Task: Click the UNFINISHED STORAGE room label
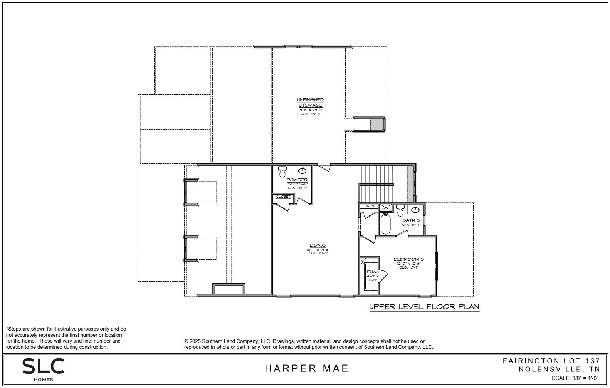310,102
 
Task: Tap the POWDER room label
297,180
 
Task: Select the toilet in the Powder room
282,173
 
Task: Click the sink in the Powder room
302,170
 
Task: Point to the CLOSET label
283,197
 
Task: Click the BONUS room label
318,245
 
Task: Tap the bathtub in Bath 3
385,224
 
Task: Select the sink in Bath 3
415,210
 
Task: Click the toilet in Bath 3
400,212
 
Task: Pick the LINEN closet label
369,207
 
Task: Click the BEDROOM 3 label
408,259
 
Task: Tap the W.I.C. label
372,272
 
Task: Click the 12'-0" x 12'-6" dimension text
408,263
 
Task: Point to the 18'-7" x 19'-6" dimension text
318,249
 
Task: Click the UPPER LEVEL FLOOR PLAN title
424,307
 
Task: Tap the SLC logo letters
43,366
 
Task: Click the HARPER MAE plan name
306,368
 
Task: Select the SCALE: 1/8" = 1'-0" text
576,378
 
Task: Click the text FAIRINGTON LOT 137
551,361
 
